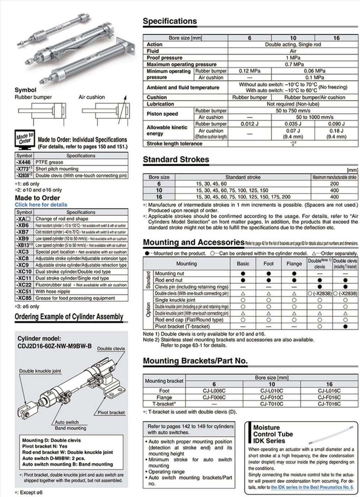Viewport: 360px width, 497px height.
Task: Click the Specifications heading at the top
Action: coord(170,21)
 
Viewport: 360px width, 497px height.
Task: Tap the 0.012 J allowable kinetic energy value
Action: coord(250,124)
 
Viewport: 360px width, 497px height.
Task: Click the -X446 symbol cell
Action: coord(24,162)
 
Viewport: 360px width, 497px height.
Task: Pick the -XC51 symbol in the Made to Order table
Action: coord(24,291)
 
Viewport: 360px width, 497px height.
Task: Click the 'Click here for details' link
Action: coord(41,205)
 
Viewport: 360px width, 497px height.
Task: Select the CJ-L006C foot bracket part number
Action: coord(214,391)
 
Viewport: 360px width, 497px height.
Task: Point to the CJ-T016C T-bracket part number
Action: coord(329,404)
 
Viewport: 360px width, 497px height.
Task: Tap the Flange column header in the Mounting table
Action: coord(294,264)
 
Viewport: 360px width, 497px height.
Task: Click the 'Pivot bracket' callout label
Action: coord(111,413)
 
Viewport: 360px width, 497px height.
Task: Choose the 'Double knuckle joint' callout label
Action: coord(40,371)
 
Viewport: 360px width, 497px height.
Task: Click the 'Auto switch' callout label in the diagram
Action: coord(67,422)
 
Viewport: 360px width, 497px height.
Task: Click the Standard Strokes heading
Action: coord(176,160)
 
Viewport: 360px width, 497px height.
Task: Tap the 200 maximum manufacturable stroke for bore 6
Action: coord(334,184)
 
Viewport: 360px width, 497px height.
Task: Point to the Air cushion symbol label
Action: coord(92,97)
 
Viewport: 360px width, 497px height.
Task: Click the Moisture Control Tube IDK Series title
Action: coord(273,434)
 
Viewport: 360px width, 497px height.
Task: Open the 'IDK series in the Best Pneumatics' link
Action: coord(312,487)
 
